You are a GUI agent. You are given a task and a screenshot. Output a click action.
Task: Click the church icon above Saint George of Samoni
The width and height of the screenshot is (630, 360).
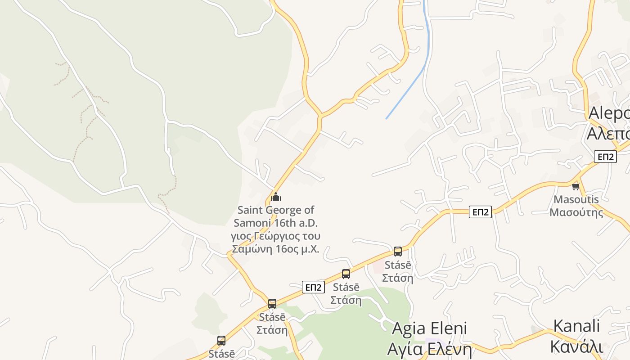pos(276,197)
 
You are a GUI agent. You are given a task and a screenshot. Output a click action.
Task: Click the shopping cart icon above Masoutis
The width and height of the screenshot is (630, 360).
pos(576,186)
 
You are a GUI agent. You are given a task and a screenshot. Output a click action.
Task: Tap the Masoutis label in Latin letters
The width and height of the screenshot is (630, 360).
pos(576,199)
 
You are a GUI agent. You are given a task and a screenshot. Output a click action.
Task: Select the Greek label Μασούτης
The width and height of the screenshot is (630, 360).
pos(576,212)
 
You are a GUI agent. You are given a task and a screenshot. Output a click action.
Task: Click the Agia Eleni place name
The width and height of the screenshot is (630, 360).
pos(429,328)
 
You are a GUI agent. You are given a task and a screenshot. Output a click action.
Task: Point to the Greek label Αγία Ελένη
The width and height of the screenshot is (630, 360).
pos(429,349)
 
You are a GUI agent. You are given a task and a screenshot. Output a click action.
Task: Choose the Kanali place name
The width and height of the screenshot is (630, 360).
pos(576,326)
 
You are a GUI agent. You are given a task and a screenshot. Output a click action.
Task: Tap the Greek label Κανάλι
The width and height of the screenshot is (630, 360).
pos(576,346)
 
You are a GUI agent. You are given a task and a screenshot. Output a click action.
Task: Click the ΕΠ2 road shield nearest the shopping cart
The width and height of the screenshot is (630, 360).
pos(605,157)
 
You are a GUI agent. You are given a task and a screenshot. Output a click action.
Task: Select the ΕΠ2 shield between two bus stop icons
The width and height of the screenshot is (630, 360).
pos(313,287)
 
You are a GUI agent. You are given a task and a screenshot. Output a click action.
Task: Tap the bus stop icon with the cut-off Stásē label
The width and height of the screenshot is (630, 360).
pos(221,341)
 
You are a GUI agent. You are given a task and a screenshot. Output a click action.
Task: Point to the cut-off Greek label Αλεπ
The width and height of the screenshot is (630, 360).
pos(608,133)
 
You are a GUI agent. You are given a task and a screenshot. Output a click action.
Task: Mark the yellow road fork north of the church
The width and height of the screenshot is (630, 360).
pos(320,116)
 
